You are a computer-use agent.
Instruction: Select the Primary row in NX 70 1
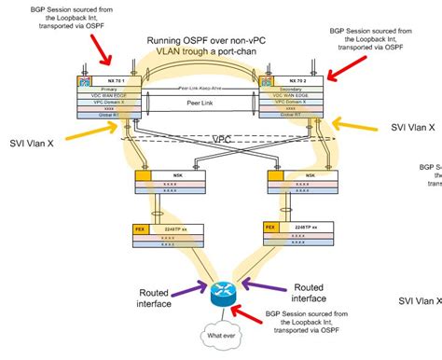(111, 92)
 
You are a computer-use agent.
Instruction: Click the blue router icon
(221, 290)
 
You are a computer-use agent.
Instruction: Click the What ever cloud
(221, 335)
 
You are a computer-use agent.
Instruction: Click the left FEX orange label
(141, 227)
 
